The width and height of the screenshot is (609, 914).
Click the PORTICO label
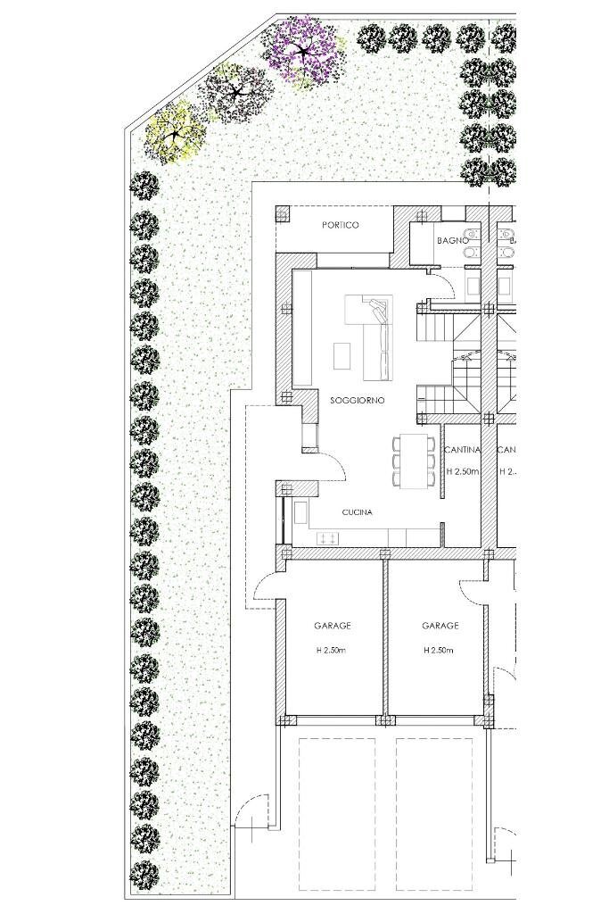coord(340,226)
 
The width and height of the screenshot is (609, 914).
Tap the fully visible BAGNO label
coord(452,241)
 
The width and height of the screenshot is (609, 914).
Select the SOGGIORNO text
coord(357,401)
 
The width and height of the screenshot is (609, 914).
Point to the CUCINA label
coord(357,513)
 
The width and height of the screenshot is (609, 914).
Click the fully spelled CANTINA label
coord(463,450)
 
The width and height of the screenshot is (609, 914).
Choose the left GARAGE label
coord(332,627)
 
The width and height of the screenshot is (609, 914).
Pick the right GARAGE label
coord(440,627)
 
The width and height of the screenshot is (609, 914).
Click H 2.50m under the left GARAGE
coord(332,651)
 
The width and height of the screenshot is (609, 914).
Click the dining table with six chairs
coord(413,461)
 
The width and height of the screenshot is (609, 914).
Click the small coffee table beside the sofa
coord(342,355)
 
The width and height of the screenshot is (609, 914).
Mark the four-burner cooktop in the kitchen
coord(326,536)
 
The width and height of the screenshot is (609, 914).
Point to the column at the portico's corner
coord(283,214)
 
